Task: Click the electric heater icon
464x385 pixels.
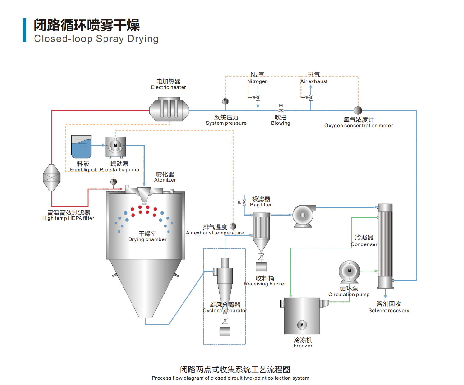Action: click(x=169, y=109)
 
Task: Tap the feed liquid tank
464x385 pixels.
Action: click(x=81, y=147)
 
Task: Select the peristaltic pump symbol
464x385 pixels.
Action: click(x=115, y=146)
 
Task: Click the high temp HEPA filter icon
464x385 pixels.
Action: click(x=52, y=178)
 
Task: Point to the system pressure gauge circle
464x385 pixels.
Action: click(x=225, y=101)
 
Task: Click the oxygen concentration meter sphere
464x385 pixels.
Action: click(x=358, y=110)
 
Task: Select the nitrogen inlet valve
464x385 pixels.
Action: click(x=258, y=98)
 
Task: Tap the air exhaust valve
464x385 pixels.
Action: click(x=310, y=98)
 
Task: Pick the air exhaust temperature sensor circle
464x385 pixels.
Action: click(x=233, y=226)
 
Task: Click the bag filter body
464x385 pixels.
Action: click(x=261, y=227)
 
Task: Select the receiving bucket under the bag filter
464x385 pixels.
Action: click(x=261, y=267)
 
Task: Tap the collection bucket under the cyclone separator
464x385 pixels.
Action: click(x=225, y=332)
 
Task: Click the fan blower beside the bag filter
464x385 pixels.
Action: click(x=303, y=216)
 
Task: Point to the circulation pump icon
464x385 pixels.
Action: click(x=349, y=271)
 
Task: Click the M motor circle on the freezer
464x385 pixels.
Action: click(x=302, y=325)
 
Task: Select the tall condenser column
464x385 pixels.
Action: click(x=385, y=246)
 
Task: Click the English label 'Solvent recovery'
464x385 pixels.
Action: click(x=389, y=310)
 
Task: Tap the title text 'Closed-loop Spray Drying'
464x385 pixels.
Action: click(x=96, y=39)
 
